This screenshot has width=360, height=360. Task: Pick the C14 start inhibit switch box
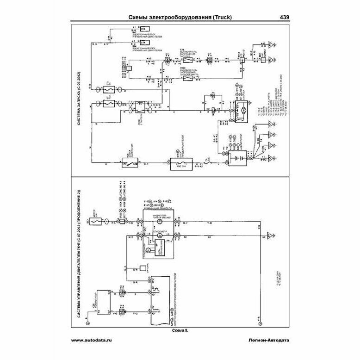(188, 60)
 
